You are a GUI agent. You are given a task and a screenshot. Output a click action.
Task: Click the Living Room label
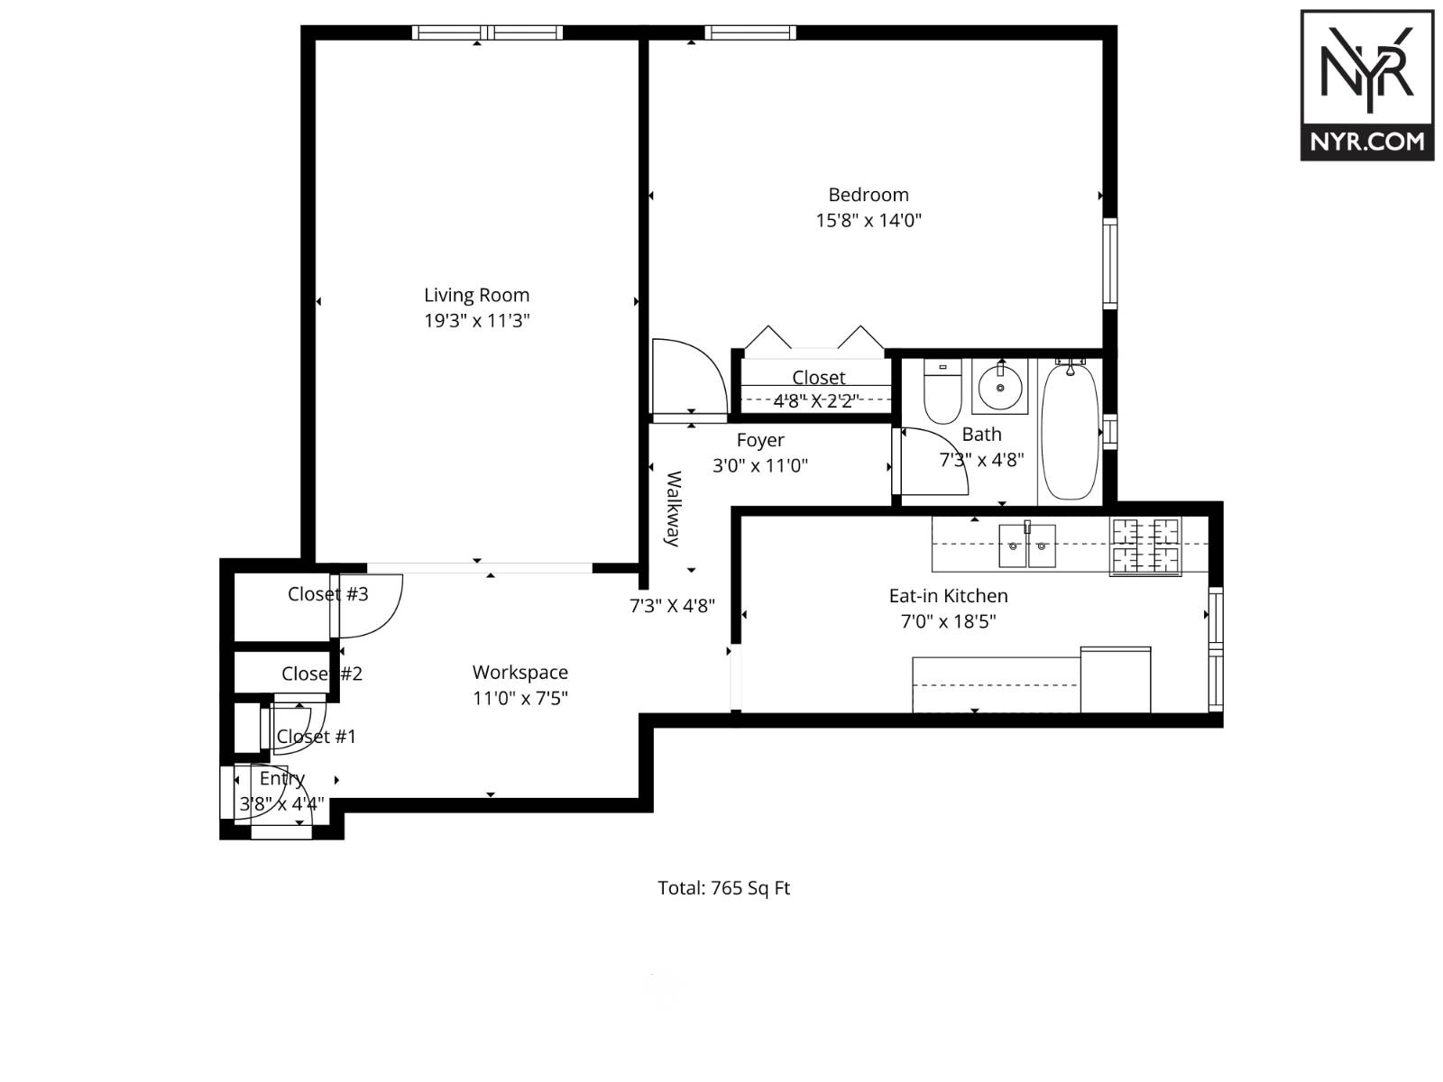(x=476, y=295)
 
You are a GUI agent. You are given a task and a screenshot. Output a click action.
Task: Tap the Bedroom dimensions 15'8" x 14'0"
(x=869, y=220)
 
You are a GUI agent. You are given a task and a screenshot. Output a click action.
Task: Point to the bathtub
(x=1070, y=431)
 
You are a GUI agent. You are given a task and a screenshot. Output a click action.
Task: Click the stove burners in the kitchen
(x=1145, y=546)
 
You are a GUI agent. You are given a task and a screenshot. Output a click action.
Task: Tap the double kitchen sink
(x=1026, y=545)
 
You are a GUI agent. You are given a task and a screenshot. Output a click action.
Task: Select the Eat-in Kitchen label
(x=948, y=595)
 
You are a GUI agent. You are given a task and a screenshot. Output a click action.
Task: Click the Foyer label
(x=760, y=440)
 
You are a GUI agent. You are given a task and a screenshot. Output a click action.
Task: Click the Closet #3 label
(x=327, y=593)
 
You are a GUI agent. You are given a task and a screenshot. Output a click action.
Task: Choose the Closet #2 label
(x=321, y=674)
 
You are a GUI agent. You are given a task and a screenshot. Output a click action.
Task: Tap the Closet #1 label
(x=316, y=737)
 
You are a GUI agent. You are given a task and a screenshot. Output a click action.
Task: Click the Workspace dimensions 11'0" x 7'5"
(x=519, y=698)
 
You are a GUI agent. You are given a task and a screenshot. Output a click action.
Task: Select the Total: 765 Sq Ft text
(x=723, y=888)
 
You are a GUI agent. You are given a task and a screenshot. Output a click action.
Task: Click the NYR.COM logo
(x=1366, y=86)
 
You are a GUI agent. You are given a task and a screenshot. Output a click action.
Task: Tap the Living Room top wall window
(x=487, y=32)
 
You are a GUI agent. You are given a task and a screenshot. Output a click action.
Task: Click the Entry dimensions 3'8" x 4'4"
(x=281, y=803)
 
